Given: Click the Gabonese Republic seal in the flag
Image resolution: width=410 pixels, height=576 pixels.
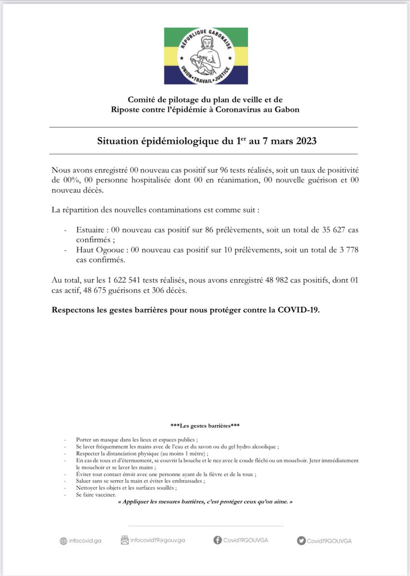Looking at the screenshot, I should tap(206, 55).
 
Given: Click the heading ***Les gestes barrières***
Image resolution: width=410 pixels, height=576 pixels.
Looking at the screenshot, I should tap(205, 425).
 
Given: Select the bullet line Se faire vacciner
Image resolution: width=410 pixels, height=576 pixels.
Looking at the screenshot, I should tap(96, 495).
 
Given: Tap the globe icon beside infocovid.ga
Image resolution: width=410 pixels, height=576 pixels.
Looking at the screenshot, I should tap(63, 541).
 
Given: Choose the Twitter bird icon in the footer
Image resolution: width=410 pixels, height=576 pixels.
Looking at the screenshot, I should tap(301, 540).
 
